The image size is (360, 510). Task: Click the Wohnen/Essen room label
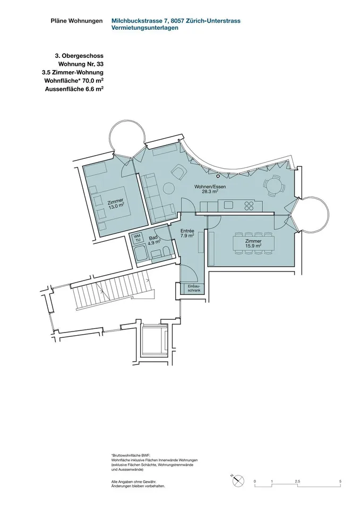point(210,186)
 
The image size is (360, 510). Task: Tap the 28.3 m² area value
point(210,192)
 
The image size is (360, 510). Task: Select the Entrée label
point(187,231)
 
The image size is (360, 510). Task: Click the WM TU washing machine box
point(138,238)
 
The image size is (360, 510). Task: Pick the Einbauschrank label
point(194,288)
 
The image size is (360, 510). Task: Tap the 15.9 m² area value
point(254,246)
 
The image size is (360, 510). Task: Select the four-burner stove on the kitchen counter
point(250,205)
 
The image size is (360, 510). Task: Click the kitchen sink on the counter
point(228,205)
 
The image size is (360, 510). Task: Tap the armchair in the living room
point(178,172)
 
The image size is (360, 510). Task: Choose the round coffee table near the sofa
point(169,188)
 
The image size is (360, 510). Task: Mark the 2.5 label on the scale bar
point(297,481)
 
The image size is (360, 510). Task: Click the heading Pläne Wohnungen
point(76,21)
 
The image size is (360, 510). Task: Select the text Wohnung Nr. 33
point(81,64)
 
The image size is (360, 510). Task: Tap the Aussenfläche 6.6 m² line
point(74,89)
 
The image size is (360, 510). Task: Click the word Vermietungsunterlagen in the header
point(145,28)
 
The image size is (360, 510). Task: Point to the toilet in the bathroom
point(165,252)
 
